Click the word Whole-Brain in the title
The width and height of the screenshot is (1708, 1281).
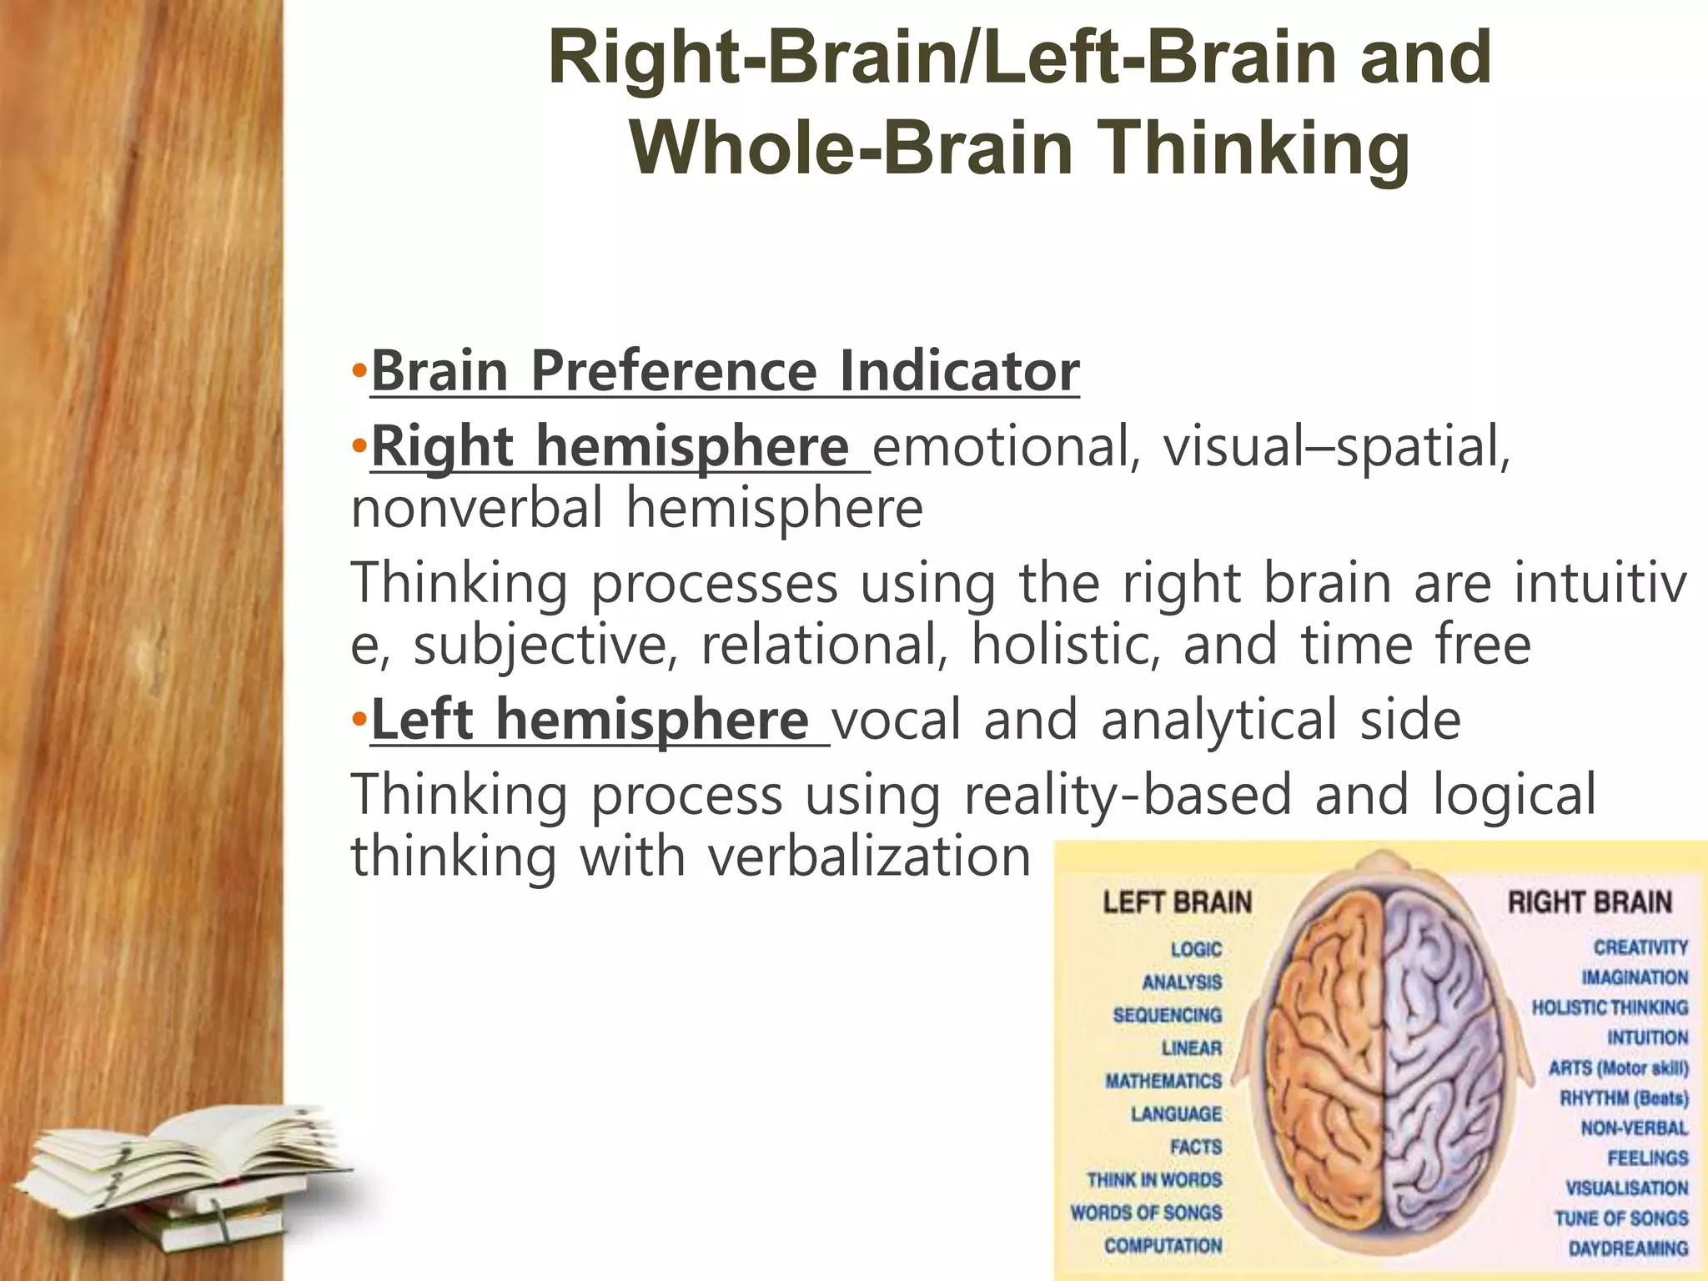[x=851, y=148]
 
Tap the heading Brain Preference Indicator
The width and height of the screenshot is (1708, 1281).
[x=725, y=370]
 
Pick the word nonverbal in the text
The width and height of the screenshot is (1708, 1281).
[x=477, y=508]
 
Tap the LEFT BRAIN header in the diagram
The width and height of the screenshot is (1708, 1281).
[x=1177, y=902]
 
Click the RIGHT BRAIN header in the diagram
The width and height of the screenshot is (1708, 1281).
[x=1590, y=902]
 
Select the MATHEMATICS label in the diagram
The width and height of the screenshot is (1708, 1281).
[x=1163, y=1081]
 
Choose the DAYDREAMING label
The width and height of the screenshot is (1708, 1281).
[x=1628, y=1248]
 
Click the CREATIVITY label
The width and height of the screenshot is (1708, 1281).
[x=1640, y=947]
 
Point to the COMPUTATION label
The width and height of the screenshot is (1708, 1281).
[x=1163, y=1245]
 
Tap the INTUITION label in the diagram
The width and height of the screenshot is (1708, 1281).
[x=1647, y=1037]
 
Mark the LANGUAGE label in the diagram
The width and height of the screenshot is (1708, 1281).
[x=1176, y=1114]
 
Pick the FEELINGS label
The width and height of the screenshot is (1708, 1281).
[x=1647, y=1158]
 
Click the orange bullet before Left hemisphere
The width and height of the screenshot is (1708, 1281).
[x=359, y=719]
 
